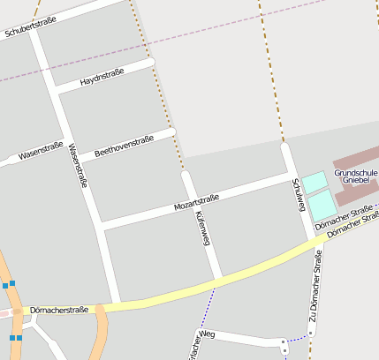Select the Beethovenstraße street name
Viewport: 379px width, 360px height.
coord(124,145)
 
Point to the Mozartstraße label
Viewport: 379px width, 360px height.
coord(196,202)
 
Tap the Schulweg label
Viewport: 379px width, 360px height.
coord(299,195)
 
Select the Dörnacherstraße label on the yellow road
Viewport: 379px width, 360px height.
coord(59,310)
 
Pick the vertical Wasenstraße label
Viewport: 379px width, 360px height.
coord(79,167)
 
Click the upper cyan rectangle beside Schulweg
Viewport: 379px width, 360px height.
coord(314,183)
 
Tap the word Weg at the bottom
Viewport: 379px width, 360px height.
coord(208,334)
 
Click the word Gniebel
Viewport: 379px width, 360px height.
coord(357,181)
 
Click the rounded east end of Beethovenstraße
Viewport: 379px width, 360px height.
coord(171,132)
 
